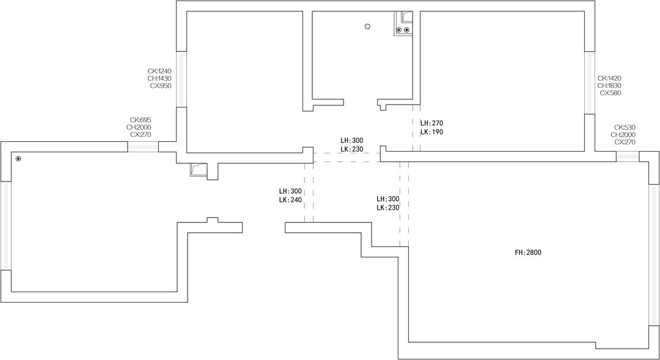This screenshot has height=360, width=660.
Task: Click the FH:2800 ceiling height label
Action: coord(528,252)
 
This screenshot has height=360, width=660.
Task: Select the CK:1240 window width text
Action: coord(159,71)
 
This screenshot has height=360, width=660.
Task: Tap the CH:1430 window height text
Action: coord(159,78)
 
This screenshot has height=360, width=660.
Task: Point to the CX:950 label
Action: coord(161,86)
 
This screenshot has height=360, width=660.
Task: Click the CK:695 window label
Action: coord(141,120)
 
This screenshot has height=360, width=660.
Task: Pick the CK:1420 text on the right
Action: coord(609,78)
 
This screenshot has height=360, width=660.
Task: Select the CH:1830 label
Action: coord(609,86)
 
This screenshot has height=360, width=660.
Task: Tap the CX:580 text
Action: coord(610,93)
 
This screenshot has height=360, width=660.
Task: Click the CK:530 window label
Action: coord(625,127)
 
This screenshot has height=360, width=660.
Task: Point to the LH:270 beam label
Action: coord(432,123)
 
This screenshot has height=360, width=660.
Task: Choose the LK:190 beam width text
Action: coord(432,132)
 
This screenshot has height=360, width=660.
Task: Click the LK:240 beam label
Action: coord(290,200)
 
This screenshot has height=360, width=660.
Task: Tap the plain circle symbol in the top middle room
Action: coord(367,26)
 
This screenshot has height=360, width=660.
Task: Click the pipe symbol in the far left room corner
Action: coord(18,159)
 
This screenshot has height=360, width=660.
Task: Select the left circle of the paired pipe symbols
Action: coord(399,30)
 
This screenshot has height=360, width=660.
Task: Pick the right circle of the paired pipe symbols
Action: coord(406,30)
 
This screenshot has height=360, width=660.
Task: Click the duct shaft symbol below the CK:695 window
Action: coord(198,170)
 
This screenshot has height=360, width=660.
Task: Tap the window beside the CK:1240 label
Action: coord(181,79)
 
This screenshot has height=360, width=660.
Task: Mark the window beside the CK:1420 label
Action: coord(590,83)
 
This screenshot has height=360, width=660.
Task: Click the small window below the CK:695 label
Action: coord(143,147)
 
